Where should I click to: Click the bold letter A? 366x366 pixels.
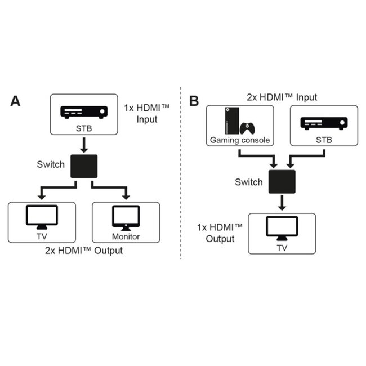tap(16, 101)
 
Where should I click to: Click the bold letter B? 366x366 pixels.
tap(194, 101)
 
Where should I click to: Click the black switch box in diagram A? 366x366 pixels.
tap(84, 167)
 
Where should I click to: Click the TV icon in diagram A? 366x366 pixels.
tap(42, 217)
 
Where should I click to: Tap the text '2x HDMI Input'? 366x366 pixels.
tap(282, 97)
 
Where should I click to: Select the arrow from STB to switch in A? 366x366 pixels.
tap(84, 145)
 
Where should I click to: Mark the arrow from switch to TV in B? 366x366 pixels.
tap(282, 203)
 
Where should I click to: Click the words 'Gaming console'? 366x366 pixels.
tap(240, 140)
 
